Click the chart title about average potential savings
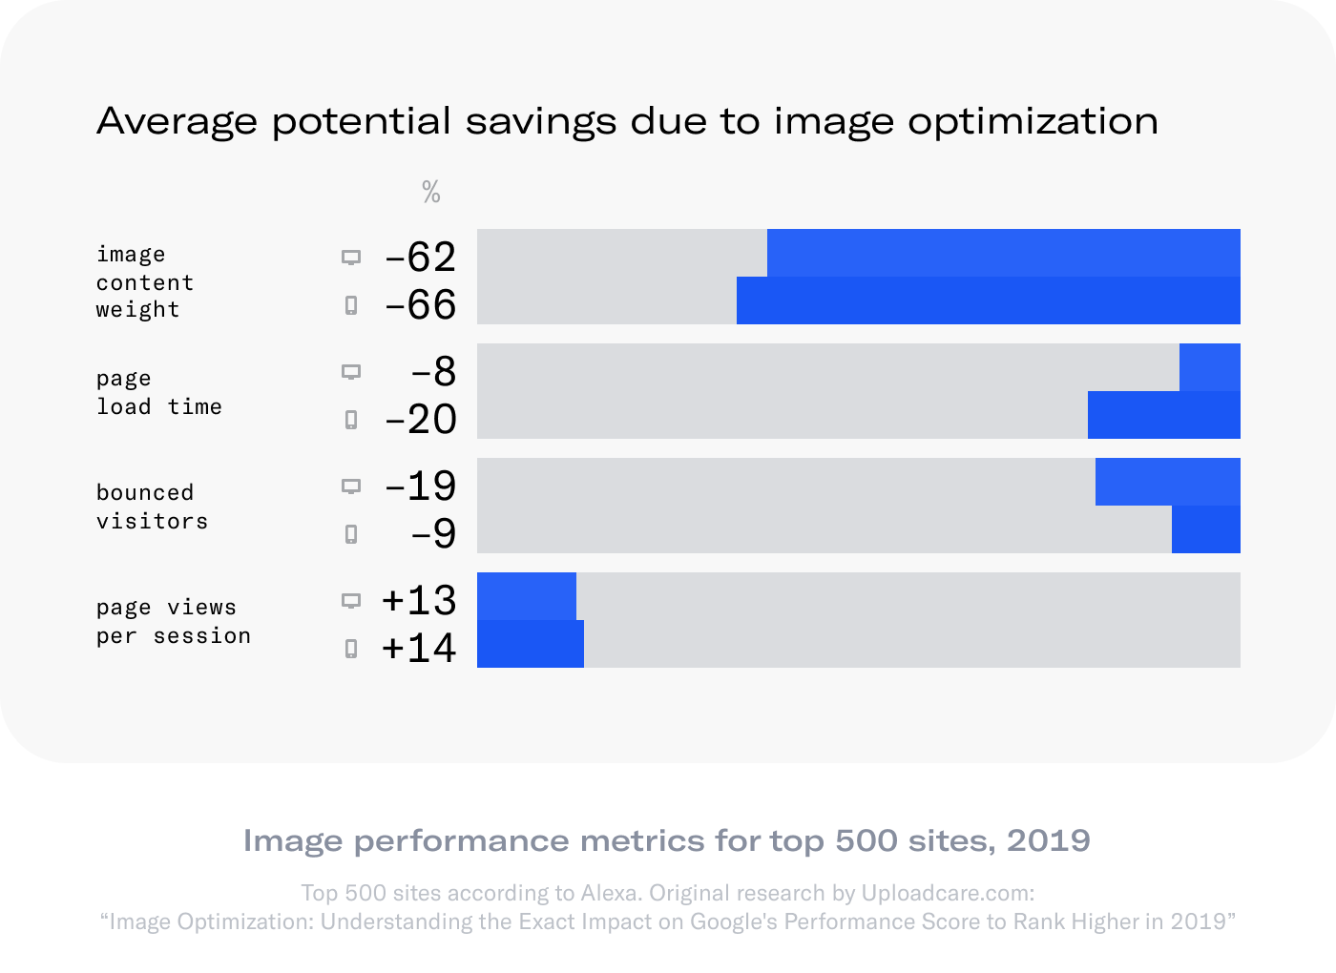pos(627,121)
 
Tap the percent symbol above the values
pos(431,194)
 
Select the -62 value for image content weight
pos(420,257)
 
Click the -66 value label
pos(420,304)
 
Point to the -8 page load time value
pos(433,371)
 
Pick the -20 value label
pos(420,419)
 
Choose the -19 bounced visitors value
pos(420,486)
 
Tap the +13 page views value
pos(419,600)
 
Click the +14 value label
pos(419,648)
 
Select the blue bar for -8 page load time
pos(1209,367)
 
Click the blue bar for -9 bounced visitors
pos(1205,529)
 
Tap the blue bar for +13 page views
pos(526,596)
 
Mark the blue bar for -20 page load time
pos(1163,415)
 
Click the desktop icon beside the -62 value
pos(351,258)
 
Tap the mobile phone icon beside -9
pos(351,534)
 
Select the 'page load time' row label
pos(158,392)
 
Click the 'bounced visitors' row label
pos(152,507)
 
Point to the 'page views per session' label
pos(173,621)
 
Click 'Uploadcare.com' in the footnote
pos(947,893)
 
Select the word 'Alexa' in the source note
pos(605,893)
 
